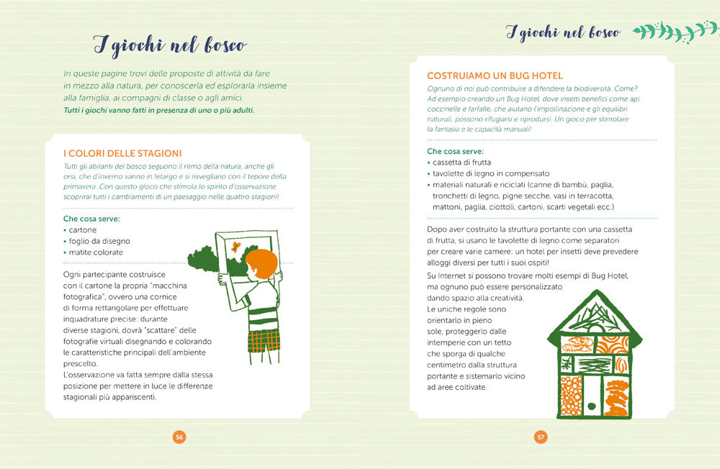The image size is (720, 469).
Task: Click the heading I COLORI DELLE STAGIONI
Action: point(122,153)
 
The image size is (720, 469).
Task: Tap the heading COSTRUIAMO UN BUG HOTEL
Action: point(495,76)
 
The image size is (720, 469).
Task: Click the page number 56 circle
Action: point(179,437)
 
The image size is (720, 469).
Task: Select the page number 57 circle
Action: point(541,437)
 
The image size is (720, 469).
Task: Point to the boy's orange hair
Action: point(262,264)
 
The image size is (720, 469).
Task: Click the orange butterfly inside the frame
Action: point(236,247)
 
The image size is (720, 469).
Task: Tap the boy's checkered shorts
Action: point(264,341)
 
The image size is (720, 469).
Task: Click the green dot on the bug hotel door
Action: point(591,406)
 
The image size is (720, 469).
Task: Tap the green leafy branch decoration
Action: point(675,32)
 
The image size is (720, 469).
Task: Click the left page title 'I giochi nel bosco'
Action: point(170,45)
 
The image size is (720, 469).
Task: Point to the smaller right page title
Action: point(564,32)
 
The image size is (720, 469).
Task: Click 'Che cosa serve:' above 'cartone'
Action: point(91,219)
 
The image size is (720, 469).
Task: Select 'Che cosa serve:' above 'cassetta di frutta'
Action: point(455,152)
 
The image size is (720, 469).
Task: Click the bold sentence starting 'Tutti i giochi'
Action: point(159,110)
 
